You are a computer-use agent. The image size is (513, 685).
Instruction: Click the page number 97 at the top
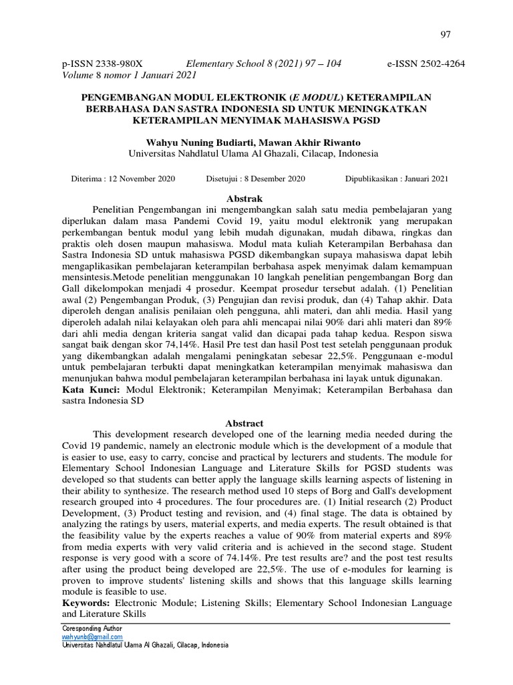[446, 34]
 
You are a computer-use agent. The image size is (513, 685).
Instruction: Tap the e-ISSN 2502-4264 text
[426, 64]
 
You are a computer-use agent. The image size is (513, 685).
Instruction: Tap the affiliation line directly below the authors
[253, 153]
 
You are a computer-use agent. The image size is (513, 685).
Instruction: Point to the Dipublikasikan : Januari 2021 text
[397, 179]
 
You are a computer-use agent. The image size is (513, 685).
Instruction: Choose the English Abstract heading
[244, 423]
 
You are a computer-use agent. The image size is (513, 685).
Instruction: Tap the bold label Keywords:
[86, 603]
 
